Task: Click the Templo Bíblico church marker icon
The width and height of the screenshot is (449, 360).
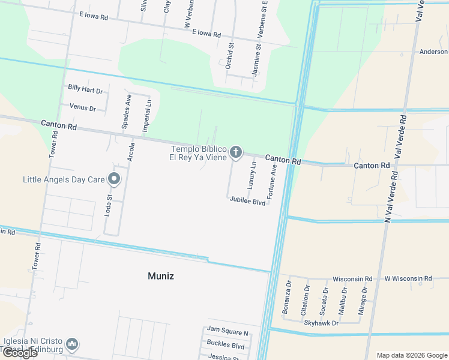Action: click(x=236, y=152)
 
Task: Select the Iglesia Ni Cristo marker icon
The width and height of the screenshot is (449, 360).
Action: click(x=71, y=343)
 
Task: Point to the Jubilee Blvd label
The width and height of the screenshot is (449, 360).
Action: click(x=247, y=203)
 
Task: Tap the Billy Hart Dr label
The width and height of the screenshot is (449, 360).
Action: click(x=85, y=89)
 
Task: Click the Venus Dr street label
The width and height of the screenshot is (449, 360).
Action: click(x=83, y=108)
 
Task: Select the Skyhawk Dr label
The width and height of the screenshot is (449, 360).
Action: click(x=321, y=323)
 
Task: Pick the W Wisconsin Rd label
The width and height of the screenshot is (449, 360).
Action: click(x=408, y=278)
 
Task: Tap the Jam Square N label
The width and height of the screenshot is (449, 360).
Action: click(x=228, y=332)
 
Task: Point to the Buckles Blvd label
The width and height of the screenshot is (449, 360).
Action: click(x=225, y=346)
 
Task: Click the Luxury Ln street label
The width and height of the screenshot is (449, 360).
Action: click(x=253, y=172)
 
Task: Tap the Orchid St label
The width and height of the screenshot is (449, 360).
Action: click(x=229, y=56)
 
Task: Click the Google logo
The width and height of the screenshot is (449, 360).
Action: click(x=20, y=353)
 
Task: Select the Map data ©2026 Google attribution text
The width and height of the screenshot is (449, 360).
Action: click(x=412, y=355)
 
